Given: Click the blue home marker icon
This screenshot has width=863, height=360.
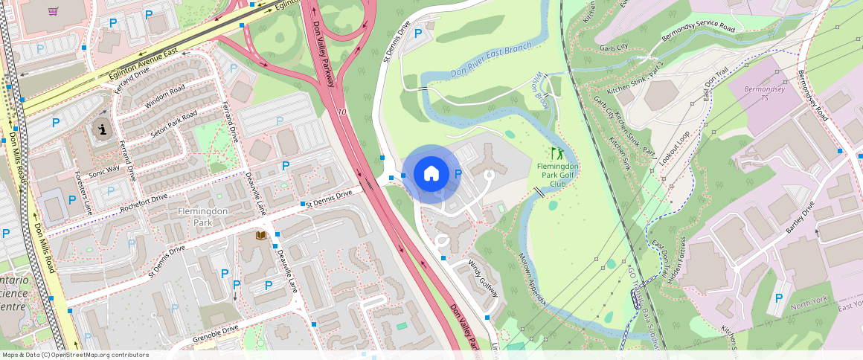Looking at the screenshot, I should pyautogui.click(x=431, y=174).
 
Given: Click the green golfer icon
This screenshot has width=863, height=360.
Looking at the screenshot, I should pyautogui.click(x=557, y=153).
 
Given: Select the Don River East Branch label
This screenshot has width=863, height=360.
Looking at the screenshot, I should pyautogui.click(x=492, y=60).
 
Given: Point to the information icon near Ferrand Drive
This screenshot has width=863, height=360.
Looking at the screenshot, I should pyautogui.click(x=101, y=130).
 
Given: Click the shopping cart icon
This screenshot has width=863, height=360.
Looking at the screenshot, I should pyautogui.click(x=53, y=11).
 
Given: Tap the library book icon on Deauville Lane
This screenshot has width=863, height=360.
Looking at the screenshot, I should pyautogui.click(x=260, y=235).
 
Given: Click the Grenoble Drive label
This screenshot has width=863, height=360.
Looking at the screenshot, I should pyautogui.click(x=215, y=332).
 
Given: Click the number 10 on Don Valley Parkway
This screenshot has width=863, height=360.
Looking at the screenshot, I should pyautogui.click(x=341, y=112).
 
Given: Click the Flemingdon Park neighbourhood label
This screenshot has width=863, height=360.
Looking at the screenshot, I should pyautogui.click(x=196, y=216).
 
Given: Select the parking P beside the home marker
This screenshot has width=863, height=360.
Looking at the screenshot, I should pyautogui.click(x=458, y=173).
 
